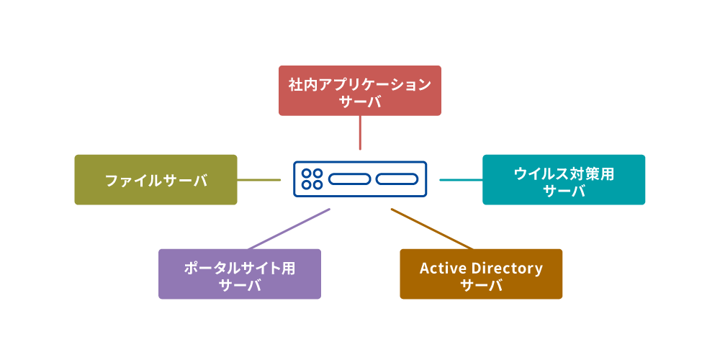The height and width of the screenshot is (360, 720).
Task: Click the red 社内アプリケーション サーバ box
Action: click(359, 91)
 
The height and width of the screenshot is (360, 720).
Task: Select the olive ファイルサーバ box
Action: click(156, 180)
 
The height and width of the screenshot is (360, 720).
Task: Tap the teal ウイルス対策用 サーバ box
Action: click(564, 180)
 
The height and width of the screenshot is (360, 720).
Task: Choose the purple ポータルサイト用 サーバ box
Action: click(240, 274)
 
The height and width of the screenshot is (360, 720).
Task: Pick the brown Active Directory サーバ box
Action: click(481, 274)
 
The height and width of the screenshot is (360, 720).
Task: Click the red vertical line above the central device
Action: click(359, 132)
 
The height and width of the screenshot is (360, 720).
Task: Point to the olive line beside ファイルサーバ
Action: click(259, 180)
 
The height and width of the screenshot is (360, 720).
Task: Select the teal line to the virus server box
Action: click(461, 180)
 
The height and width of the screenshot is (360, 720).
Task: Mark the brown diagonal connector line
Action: click(432, 229)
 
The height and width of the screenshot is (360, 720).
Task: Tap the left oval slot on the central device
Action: click(349, 179)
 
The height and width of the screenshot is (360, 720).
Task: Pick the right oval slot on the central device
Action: click(397, 179)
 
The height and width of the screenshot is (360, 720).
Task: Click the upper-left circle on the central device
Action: click(306, 174)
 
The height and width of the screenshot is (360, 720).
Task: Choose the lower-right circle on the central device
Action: click(318, 185)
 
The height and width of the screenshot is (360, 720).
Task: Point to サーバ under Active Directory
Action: click(481, 285)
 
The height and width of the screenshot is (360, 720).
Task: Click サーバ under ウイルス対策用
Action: click(564, 192)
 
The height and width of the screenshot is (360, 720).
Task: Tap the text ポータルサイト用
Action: click(240, 268)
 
